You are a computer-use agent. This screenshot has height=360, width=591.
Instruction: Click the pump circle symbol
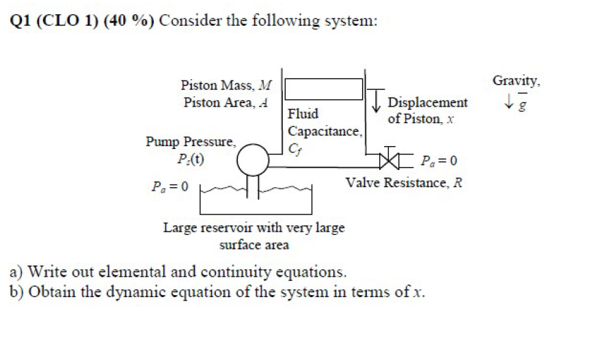pos(253,162)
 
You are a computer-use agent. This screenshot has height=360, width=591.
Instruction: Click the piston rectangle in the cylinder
pos(323,89)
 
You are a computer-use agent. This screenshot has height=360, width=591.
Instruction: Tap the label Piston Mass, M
pos(226,86)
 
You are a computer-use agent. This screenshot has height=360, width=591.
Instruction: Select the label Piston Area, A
pos(226,103)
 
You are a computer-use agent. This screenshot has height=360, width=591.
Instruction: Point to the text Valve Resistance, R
pos(404,183)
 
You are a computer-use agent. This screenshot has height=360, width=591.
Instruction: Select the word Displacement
pos(428,103)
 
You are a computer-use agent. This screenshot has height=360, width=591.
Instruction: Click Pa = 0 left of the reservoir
pos(170,185)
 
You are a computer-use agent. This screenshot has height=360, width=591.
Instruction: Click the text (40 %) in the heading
pos(128,20)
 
